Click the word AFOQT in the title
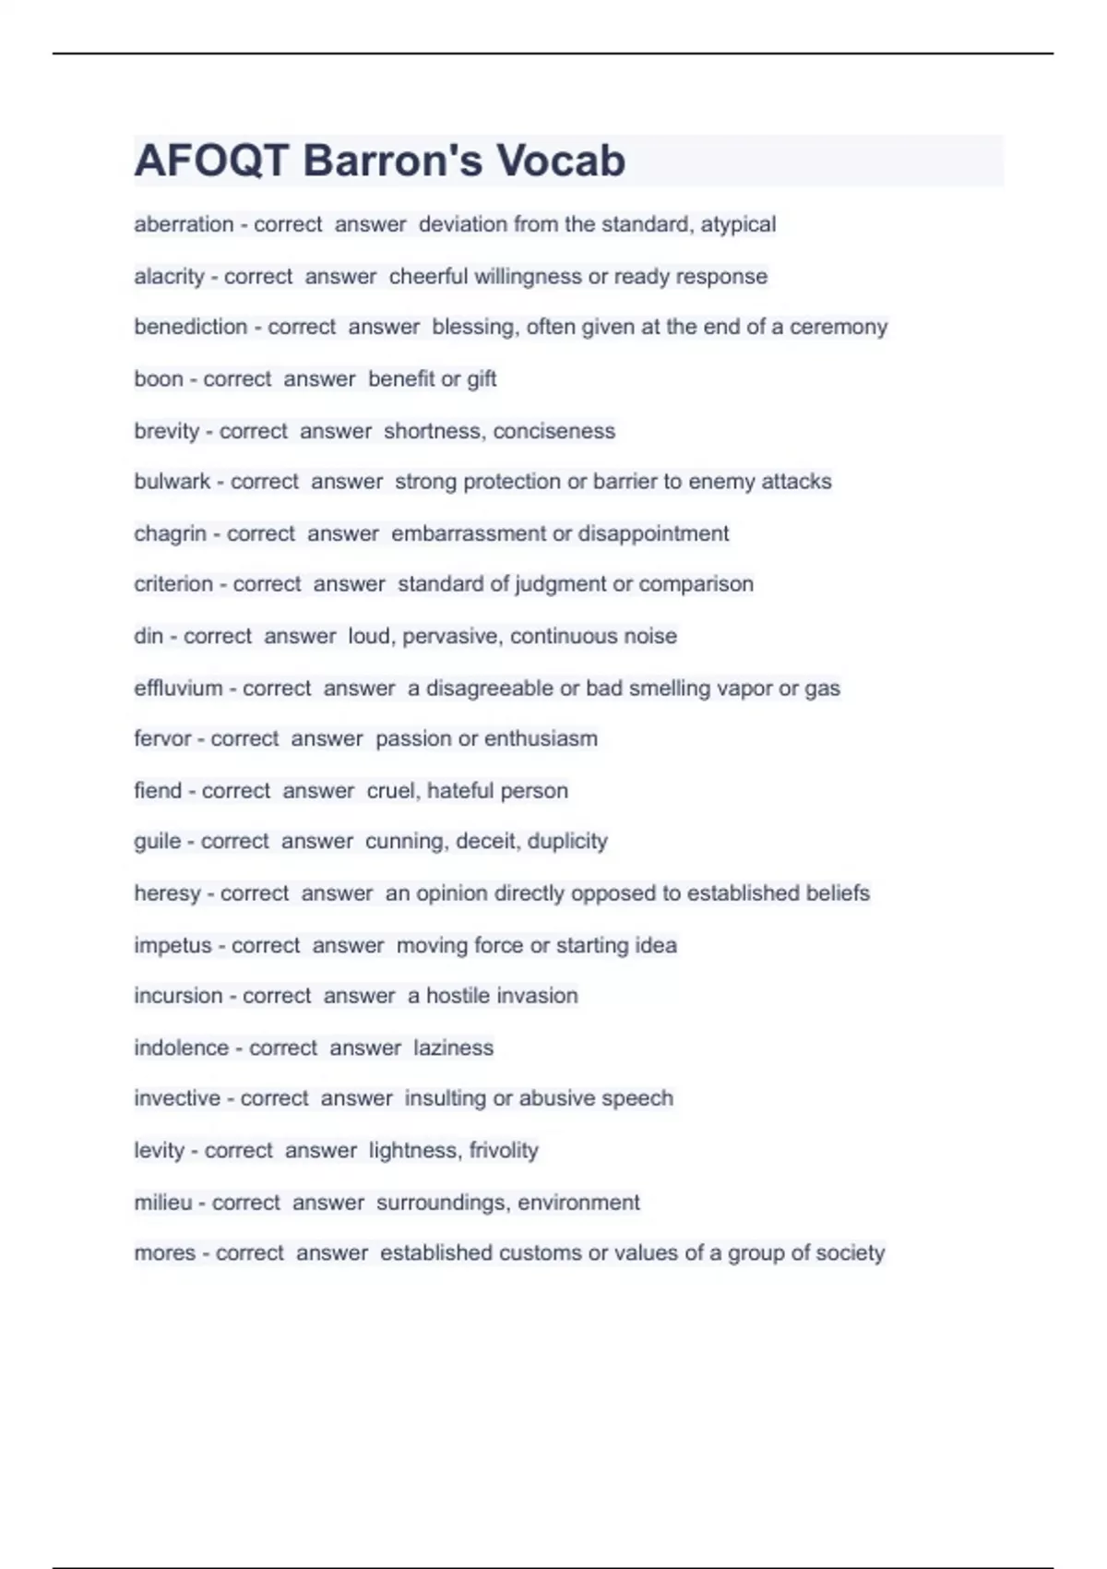point(211,161)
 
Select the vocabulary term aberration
point(184,224)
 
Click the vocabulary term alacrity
point(169,276)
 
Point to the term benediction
point(190,327)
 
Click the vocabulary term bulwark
point(172,482)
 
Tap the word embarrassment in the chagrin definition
point(469,533)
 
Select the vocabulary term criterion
point(173,584)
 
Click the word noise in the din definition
point(651,636)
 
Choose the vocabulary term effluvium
point(178,689)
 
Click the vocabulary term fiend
point(158,791)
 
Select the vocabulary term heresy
point(167,893)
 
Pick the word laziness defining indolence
point(453,1048)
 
